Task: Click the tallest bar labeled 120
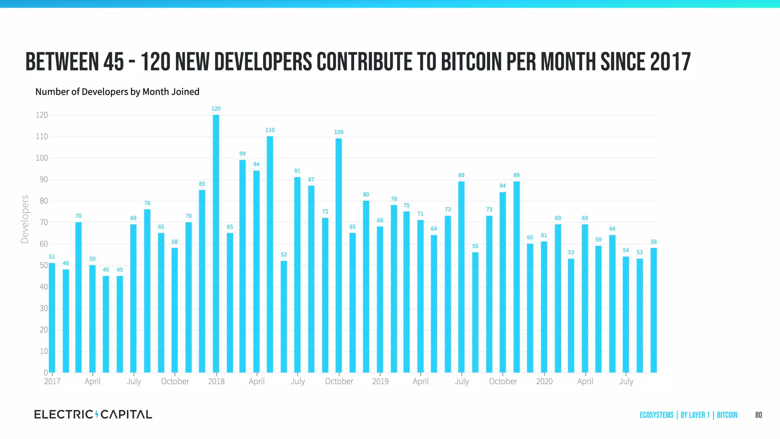click(216, 244)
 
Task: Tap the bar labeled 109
click(339, 255)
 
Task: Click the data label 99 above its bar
click(242, 154)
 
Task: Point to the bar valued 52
click(284, 316)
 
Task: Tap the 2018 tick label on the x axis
click(216, 381)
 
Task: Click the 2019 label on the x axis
click(380, 381)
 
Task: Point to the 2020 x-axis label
click(544, 381)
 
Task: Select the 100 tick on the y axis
click(42, 158)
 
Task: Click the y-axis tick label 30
click(44, 308)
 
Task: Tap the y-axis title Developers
click(25, 219)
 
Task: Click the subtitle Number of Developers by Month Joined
click(117, 92)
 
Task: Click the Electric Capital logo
click(93, 414)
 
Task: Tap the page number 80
click(758, 415)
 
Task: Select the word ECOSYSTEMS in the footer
click(656, 415)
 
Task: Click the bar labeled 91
click(297, 274)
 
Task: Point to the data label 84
click(502, 186)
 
